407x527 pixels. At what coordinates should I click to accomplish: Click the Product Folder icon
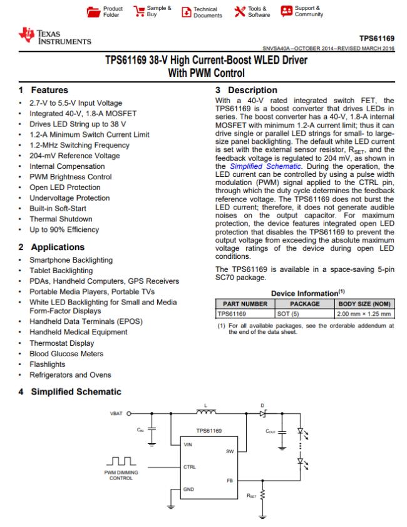(x=93, y=12)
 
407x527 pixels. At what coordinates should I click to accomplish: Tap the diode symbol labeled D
(x=263, y=413)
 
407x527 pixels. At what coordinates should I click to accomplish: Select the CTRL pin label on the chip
(x=190, y=466)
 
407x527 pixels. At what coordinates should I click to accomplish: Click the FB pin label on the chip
(x=229, y=481)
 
